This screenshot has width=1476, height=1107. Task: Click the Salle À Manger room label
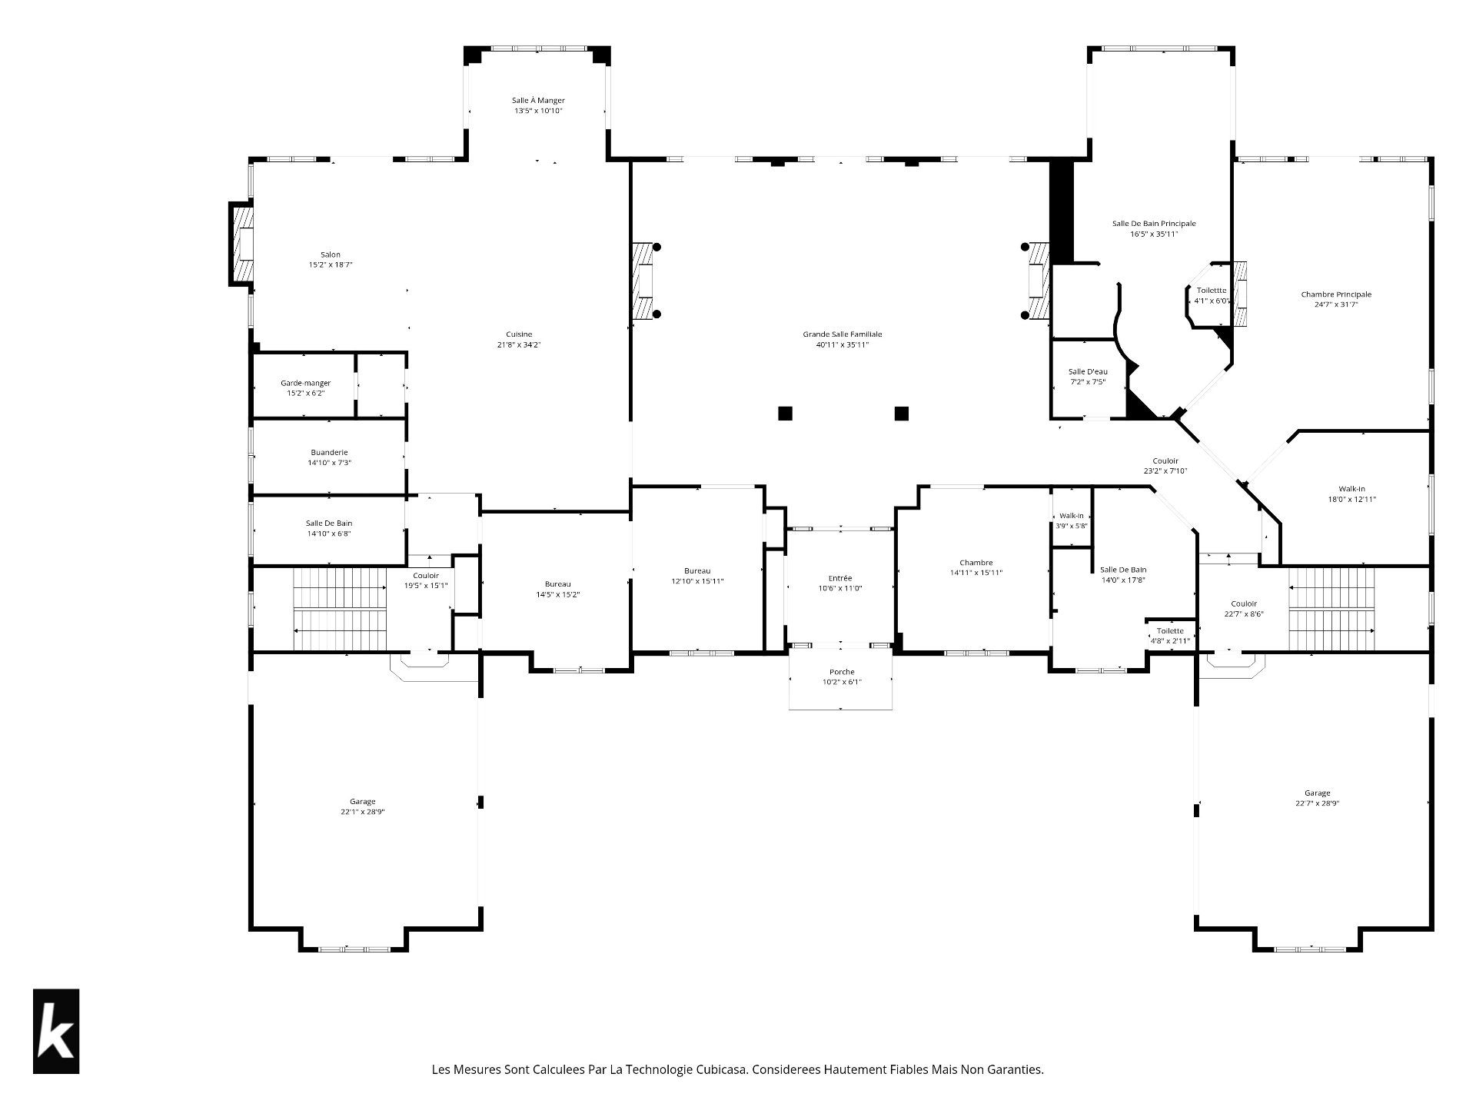538,101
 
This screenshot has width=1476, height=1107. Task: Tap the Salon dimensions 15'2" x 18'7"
331,265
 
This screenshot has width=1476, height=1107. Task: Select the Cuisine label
519,334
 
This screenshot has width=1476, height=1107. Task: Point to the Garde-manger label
305,383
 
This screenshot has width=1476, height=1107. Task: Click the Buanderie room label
329,453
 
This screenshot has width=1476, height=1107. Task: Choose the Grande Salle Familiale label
843,334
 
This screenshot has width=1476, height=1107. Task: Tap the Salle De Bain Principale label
1154,224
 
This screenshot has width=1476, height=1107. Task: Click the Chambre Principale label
1336,294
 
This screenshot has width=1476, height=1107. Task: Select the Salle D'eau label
1088,372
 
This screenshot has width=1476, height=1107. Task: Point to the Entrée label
840,578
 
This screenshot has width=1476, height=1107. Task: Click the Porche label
842,673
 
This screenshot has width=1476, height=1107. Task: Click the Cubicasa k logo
56,1031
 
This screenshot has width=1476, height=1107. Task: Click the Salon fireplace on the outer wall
241,244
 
